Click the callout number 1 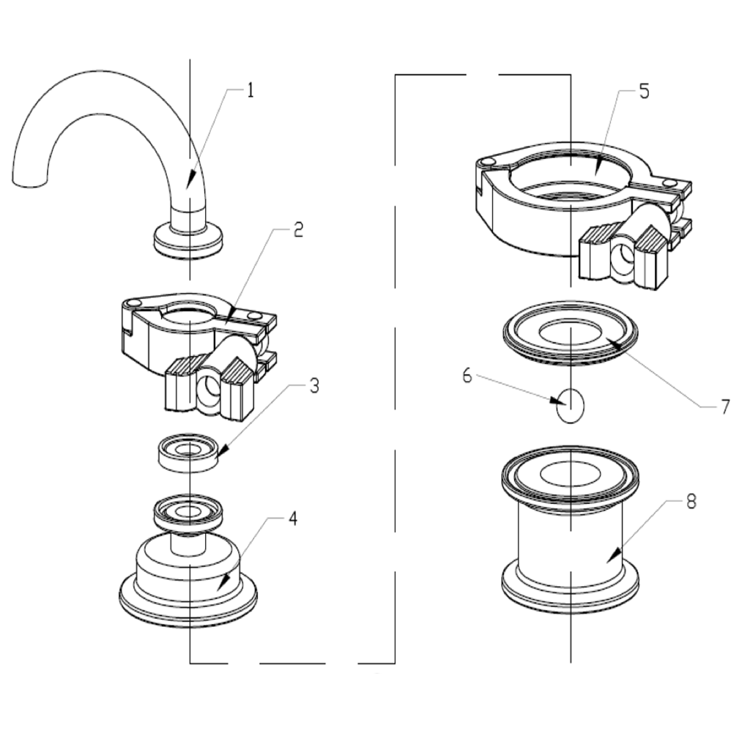coord(250,91)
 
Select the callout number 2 coord(297,230)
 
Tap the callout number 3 coord(313,386)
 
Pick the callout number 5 coord(643,92)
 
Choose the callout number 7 coord(724,406)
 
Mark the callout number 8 coord(691,502)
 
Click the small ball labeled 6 coord(571,405)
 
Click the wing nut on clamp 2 coord(208,387)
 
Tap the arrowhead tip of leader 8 coord(608,562)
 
